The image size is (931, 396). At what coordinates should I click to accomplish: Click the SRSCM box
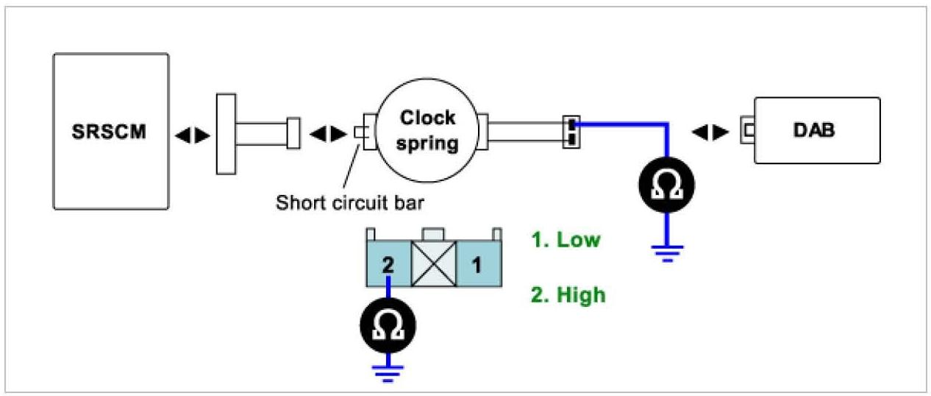tap(110, 132)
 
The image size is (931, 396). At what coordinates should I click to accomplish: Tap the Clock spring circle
tap(427, 131)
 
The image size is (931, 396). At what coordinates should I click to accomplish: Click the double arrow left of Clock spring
tap(328, 134)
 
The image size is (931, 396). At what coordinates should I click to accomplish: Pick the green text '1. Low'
tap(566, 241)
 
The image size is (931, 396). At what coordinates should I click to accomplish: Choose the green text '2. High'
tap(568, 294)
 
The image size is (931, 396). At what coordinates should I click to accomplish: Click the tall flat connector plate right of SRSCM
tap(225, 133)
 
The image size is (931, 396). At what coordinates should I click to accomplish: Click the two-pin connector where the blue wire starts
tap(571, 132)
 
